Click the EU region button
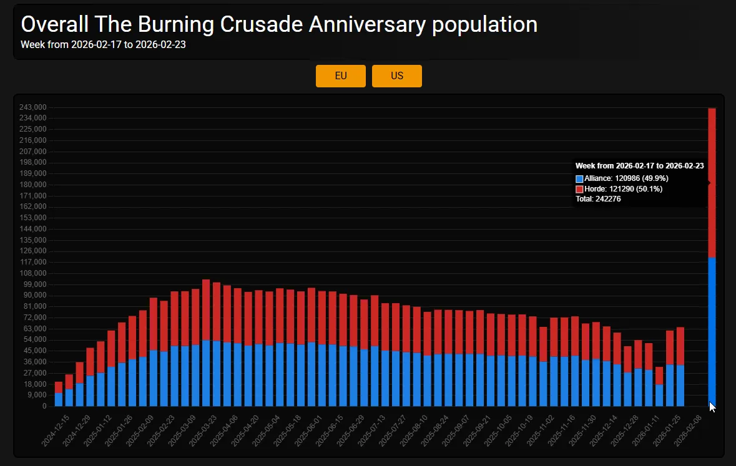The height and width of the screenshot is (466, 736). point(340,76)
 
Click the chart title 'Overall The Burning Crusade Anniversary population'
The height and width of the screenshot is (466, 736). point(279,24)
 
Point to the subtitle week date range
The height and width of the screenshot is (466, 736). point(103,44)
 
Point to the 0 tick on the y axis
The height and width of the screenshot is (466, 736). point(44,406)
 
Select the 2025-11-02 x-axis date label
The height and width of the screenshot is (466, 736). point(539,429)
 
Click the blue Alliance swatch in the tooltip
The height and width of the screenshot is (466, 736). point(579,178)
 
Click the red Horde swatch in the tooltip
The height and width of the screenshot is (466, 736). point(579,189)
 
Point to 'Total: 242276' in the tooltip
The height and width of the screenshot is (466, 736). point(598,199)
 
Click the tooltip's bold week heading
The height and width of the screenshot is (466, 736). point(639,166)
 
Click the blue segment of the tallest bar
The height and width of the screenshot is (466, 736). point(712,331)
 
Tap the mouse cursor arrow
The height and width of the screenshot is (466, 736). point(712,406)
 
